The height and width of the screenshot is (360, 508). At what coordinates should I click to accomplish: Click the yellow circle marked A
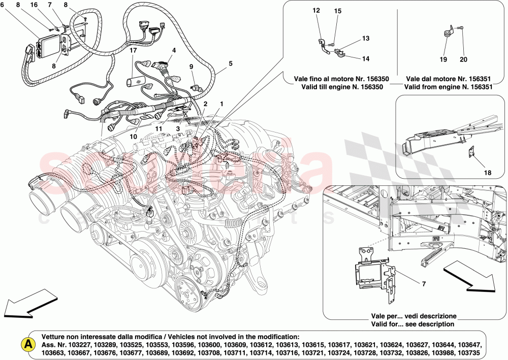[28, 344]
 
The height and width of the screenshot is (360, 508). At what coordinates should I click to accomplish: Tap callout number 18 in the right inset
[487, 173]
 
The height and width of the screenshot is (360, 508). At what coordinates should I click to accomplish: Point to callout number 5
[230, 63]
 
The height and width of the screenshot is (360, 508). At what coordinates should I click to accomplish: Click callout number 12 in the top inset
[316, 10]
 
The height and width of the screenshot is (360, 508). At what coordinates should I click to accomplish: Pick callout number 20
[463, 60]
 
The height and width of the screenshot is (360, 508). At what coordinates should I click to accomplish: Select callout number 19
[443, 60]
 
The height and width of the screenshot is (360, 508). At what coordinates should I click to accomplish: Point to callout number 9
[192, 66]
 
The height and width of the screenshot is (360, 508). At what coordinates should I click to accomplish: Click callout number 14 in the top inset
[366, 58]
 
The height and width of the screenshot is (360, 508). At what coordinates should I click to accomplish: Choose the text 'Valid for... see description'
[412, 324]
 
